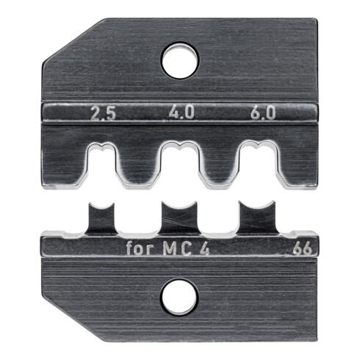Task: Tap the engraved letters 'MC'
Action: pos(176,245)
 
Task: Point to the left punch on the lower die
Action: pos(103,218)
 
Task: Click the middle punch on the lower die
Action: pos(180,218)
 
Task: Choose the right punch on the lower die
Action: pos(256,218)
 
